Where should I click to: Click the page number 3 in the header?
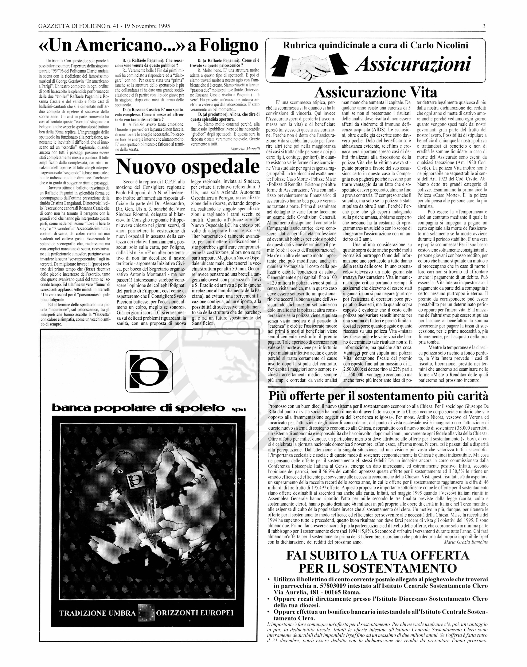[484, 26]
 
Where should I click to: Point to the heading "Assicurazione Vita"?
[376, 92]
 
